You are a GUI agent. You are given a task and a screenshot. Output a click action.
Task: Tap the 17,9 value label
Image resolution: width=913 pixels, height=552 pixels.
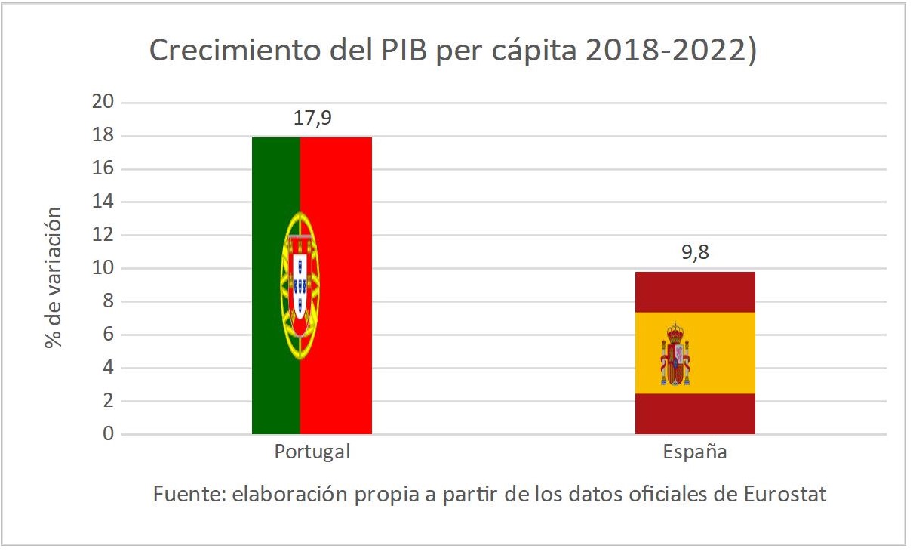point(312,119)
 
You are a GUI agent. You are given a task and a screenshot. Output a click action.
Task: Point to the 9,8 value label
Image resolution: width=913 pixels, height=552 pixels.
point(695,253)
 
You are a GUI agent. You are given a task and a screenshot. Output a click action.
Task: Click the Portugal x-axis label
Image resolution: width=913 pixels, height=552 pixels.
point(312,452)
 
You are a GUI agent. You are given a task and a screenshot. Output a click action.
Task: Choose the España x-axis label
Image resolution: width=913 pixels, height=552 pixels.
point(695,452)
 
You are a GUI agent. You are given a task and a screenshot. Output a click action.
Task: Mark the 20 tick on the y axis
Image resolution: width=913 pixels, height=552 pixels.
point(103,103)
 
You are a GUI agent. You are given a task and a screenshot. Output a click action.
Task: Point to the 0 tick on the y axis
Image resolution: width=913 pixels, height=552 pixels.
point(108,434)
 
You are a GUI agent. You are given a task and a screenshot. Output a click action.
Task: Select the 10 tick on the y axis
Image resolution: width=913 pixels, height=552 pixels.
point(103,268)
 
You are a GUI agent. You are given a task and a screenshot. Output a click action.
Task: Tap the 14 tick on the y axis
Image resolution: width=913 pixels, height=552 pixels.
point(103,202)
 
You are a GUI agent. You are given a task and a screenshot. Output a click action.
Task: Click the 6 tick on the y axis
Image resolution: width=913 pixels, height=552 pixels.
point(108,335)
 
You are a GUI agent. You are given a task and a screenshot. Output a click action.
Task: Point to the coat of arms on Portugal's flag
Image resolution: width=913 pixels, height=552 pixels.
point(300,285)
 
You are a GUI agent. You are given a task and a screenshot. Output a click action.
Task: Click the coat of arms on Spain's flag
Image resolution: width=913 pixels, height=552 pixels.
point(675,354)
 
